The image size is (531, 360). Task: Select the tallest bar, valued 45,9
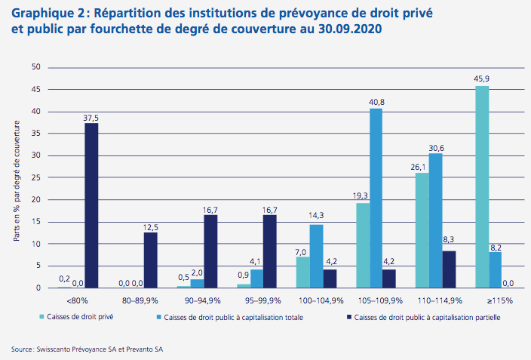[482, 187]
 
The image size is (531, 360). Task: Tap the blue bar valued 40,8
[376, 198]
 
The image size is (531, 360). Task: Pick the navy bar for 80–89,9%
[151, 260]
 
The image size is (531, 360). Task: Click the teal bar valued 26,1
[422, 230]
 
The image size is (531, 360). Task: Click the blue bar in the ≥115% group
[495, 269]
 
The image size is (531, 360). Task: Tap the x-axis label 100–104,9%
[316, 300]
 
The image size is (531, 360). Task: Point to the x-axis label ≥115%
[495, 300]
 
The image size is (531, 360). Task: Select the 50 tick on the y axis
[35, 67]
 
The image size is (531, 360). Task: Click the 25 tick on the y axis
[35, 177]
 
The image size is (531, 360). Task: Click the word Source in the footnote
[23, 349]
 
